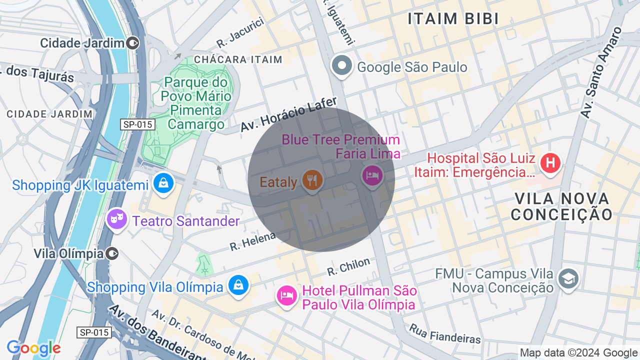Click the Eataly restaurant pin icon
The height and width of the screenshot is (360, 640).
(312, 179)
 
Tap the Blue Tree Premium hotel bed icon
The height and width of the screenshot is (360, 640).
(372, 175)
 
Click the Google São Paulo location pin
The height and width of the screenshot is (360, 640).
(342, 66)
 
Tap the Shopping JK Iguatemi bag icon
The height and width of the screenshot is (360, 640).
(163, 183)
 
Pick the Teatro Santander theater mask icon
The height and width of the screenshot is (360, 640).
(116, 219)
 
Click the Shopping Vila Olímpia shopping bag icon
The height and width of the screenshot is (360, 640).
(238, 285)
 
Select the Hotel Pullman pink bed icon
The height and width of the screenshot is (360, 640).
(287, 295)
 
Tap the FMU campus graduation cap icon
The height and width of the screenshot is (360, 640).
(568, 279)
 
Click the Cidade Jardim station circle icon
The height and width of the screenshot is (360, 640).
(133, 43)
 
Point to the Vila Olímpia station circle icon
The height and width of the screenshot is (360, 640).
(113, 253)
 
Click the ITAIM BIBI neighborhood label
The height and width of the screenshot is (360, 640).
(453, 19)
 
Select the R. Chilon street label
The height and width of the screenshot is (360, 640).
(348, 266)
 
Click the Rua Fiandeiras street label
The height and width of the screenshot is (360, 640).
(445, 333)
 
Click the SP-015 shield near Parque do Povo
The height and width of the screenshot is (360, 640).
(137, 124)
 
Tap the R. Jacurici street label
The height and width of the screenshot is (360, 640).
(240, 33)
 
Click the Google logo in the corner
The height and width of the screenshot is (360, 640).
(33, 348)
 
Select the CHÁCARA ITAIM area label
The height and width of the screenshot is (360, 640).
(238, 59)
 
